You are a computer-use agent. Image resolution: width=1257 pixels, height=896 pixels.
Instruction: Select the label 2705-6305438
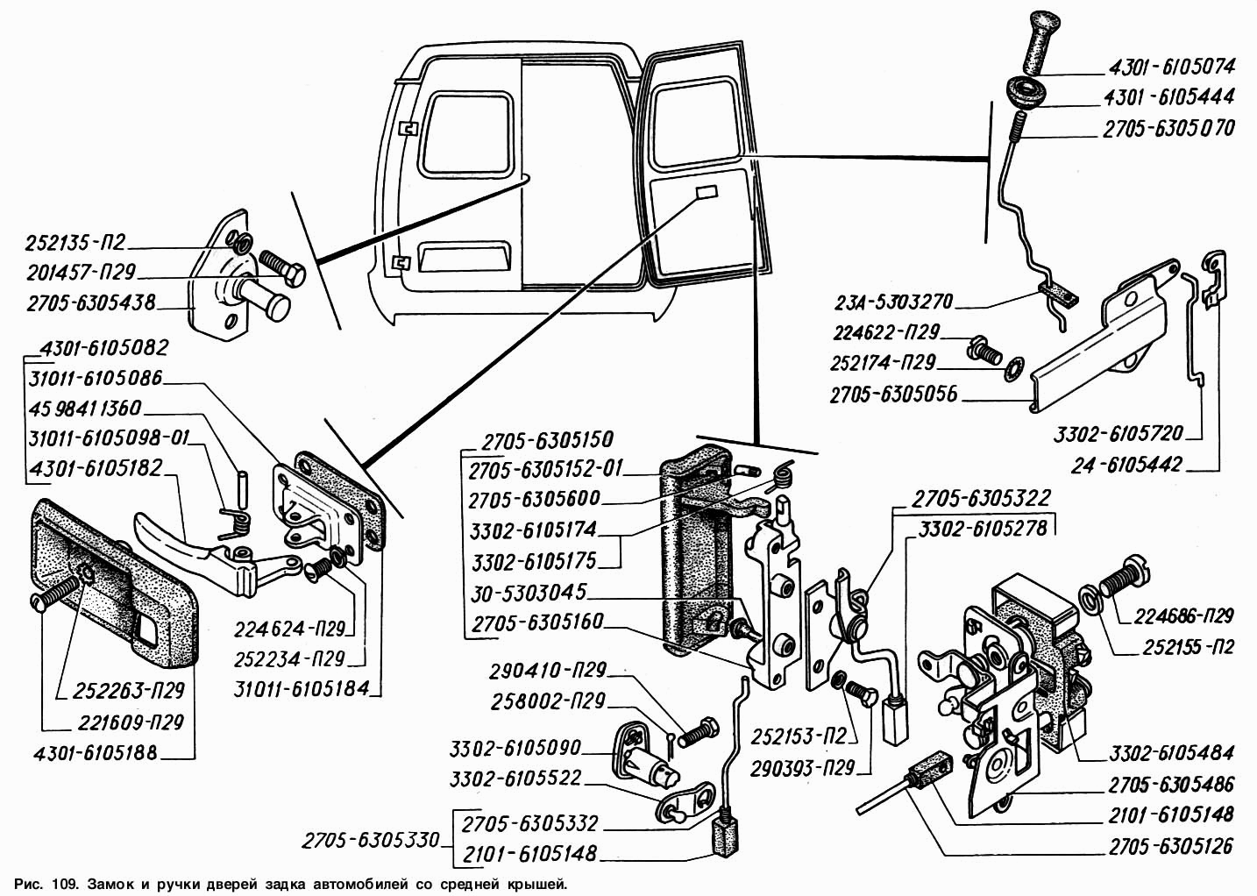91,303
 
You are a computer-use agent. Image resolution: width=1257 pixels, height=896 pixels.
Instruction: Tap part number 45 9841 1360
85,409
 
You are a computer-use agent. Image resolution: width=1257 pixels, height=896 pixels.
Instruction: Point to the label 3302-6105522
515,779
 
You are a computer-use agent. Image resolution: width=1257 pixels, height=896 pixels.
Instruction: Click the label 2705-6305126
1170,846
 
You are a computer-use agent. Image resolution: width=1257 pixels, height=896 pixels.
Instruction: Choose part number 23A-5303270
894,302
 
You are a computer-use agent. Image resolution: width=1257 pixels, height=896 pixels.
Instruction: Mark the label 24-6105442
1126,465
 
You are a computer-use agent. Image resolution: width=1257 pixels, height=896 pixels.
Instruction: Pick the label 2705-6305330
371,841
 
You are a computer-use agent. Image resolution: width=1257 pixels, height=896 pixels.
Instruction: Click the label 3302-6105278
983,529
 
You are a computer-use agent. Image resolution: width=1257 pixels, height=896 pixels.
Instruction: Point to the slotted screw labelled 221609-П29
53,596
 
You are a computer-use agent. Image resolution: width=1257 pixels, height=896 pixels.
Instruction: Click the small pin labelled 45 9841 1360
244,486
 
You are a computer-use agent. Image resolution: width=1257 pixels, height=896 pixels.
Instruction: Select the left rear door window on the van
467,133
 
